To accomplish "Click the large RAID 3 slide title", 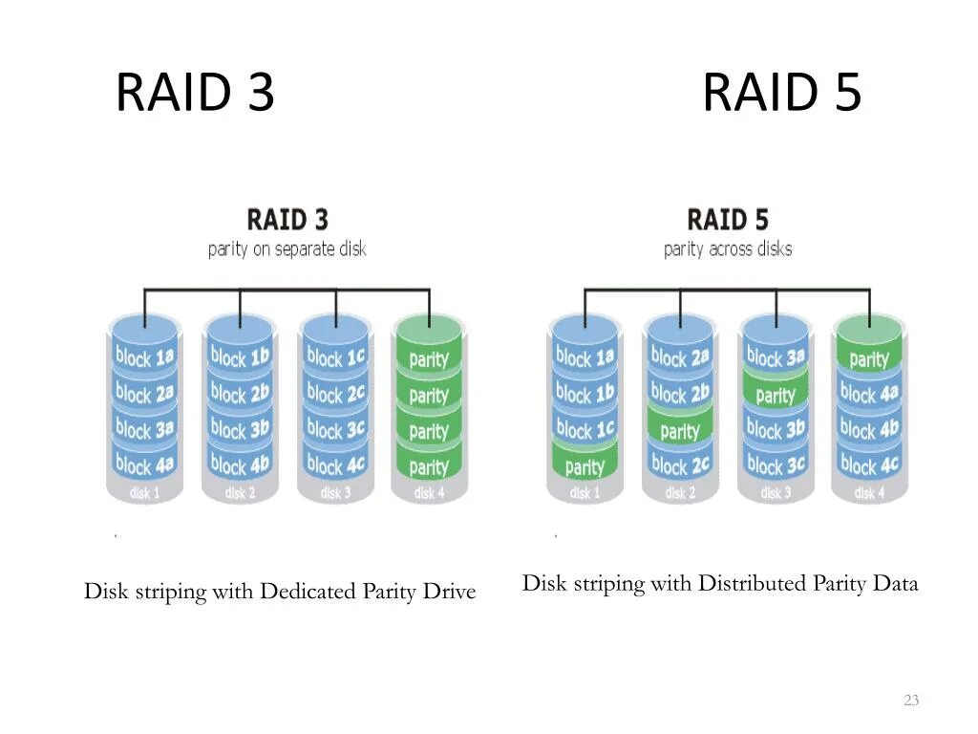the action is pos(195,92).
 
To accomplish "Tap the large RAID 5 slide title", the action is pos(782,92).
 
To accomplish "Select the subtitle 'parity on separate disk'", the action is pos(287,249).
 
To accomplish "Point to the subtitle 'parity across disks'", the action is pos(728,249).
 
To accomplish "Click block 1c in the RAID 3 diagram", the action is pos(335,357).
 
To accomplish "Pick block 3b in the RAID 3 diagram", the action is pos(240,429).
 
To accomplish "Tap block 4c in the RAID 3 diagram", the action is pos(335,465).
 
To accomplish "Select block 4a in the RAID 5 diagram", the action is pos(869,393).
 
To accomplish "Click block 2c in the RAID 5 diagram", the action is pos(680,465).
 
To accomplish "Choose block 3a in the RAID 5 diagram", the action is pos(776,357).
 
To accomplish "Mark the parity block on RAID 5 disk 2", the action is pos(680,430).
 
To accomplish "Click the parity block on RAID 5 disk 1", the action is pos(585,466).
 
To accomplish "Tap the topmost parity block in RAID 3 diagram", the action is pos(429,358).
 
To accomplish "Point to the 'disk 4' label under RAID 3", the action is pos(429,493).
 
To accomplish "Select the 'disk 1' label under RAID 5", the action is pos(585,493).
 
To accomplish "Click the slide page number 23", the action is pos(911,701).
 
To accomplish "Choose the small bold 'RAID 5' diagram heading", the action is pos(728,220).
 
